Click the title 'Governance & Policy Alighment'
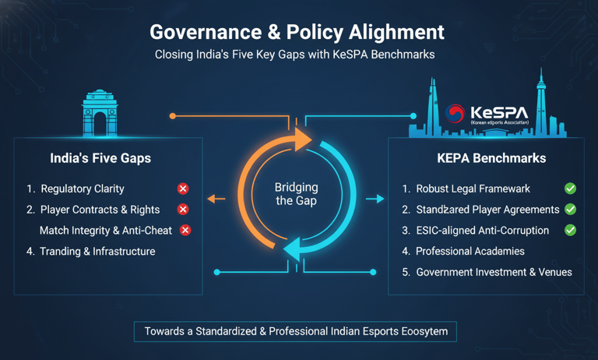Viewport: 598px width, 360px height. [x=297, y=32]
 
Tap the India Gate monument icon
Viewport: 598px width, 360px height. [x=99, y=115]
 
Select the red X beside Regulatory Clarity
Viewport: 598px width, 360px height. [x=182, y=189]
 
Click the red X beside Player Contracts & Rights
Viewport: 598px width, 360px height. [x=182, y=210]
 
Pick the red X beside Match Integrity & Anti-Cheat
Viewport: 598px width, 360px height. [x=185, y=230]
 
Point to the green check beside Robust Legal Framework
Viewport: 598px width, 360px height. [x=570, y=189]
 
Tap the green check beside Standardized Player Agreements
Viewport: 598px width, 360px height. [x=570, y=210]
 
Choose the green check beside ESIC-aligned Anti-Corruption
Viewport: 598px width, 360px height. [x=570, y=230]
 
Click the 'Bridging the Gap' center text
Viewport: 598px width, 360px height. [x=297, y=195]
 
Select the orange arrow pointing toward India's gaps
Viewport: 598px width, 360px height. [x=216, y=199]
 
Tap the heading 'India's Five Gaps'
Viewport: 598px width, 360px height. [x=100, y=158]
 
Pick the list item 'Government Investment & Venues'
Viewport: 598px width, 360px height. [x=494, y=272]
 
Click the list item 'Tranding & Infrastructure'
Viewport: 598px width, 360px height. [x=97, y=252]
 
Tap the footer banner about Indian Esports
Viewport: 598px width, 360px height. [x=296, y=331]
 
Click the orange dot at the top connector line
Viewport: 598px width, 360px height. [x=173, y=116]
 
